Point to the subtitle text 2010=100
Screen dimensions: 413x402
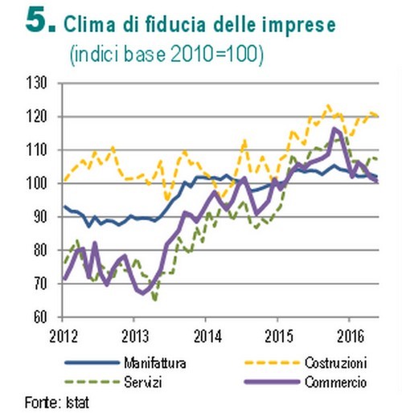[221, 55]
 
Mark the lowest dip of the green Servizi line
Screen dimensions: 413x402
[154, 299]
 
